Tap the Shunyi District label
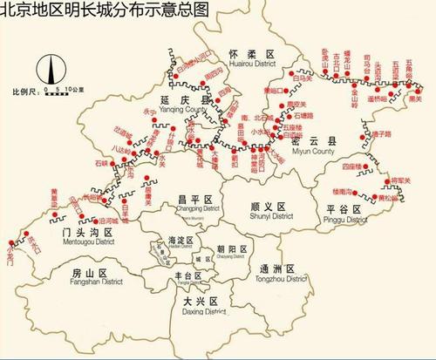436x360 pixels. [x=262, y=209]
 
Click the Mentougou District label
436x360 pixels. [x=70, y=237]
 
